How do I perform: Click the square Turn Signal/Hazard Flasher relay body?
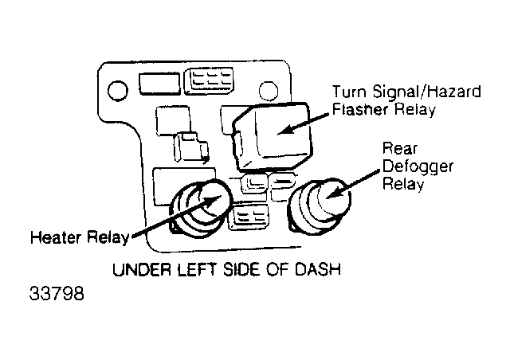pos(273,136)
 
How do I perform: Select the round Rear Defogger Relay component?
pos(319,205)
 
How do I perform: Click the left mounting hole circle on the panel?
pos(117,91)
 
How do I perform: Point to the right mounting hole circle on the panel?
pos(269,91)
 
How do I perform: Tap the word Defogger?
pos(418,167)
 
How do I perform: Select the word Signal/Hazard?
pos(427,92)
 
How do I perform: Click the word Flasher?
pos(360,109)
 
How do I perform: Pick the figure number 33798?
pos(57,293)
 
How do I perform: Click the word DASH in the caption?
pos(317,269)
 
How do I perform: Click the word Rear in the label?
pos(399,149)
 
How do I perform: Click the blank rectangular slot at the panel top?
pos(159,84)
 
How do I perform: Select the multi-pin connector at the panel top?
pos(209,81)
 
